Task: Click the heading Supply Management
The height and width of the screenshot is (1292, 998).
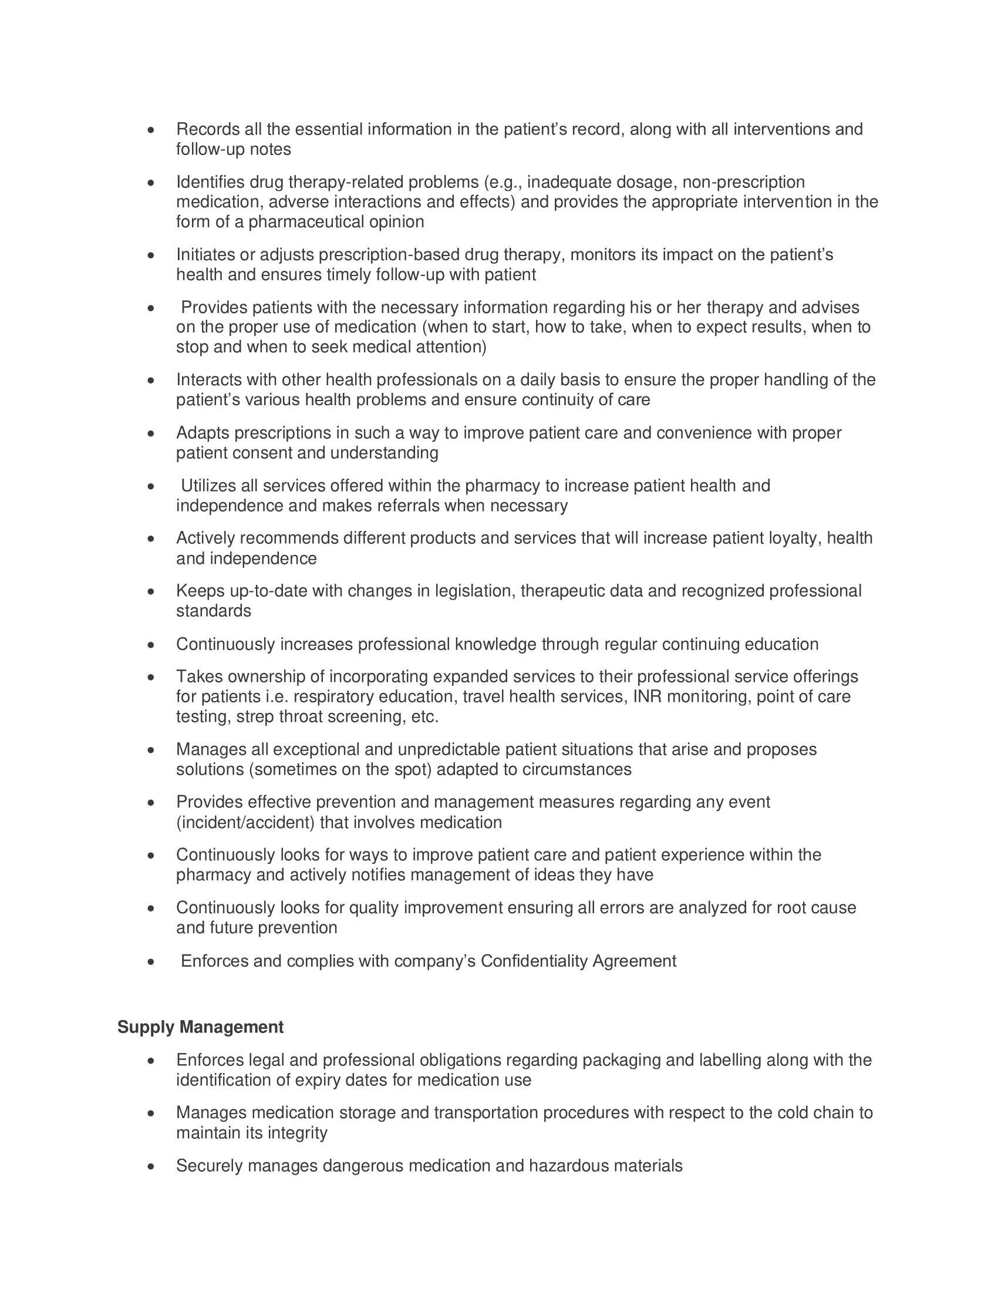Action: tap(200, 1027)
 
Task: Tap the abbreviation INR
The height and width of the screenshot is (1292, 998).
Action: tap(647, 697)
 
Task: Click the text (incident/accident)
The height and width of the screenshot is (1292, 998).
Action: tap(245, 822)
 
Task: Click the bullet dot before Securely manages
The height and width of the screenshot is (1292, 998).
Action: tap(151, 1166)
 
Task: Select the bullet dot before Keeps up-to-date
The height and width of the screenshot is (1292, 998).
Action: tap(151, 591)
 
